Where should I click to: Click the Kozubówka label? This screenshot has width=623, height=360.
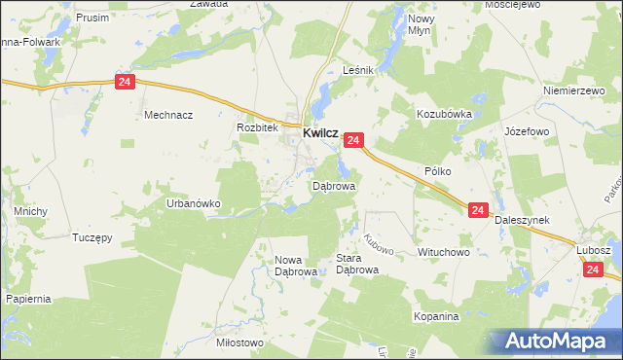pyautogui.click(x=444, y=114)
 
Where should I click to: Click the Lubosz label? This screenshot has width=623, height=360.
pyautogui.click(x=593, y=250)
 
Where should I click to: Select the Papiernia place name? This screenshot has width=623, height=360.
pyautogui.click(x=27, y=299)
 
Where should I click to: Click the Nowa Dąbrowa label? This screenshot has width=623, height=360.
pyautogui.click(x=296, y=266)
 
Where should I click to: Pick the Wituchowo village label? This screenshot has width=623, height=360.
pyautogui.click(x=444, y=252)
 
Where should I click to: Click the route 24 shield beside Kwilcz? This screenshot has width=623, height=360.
pyautogui.click(x=353, y=141)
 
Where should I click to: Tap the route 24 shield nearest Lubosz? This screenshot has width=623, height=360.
pyautogui.click(x=595, y=275)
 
